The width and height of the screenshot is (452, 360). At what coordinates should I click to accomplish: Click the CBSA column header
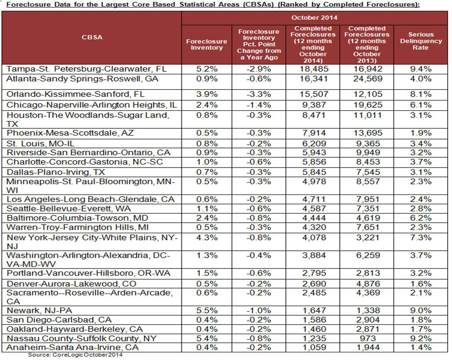pyautogui.click(x=92, y=37)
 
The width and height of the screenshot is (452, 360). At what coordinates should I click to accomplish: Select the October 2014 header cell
pyautogui.click(x=314, y=18)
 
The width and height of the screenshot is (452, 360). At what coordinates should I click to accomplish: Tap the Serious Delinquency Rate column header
pyautogui.click(x=420, y=41)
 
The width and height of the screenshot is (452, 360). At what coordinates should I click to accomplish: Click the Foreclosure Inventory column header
pyautogui.click(x=207, y=44)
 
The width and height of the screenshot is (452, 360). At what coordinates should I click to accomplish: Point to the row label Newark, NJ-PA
pyautogui.click(x=39, y=310)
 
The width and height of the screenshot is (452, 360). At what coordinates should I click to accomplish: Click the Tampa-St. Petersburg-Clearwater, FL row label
pyautogui.click(x=86, y=69)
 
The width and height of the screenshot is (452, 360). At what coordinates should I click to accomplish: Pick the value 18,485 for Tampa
pyautogui.click(x=313, y=69)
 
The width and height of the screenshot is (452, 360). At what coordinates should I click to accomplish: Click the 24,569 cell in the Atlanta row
pyautogui.click(x=367, y=79)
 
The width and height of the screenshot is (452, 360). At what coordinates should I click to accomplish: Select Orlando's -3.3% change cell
pyautogui.click(x=259, y=94)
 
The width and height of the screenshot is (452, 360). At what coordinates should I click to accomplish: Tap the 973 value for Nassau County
pyautogui.click(x=367, y=338)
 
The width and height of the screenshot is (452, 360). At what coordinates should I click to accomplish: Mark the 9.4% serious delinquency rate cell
pyautogui.click(x=420, y=69)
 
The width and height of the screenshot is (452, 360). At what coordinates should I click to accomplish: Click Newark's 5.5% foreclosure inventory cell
pyautogui.click(x=207, y=310)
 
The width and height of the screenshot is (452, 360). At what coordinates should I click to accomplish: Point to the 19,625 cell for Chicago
pyautogui.click(x=367, y=105)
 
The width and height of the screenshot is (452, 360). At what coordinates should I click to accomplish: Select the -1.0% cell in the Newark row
pyautogui.click(x=259, y=310)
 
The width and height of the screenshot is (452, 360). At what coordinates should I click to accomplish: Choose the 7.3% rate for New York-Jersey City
pyautogui.click(x=420, y=237)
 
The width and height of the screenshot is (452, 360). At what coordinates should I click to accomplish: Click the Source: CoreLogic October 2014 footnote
pyautogui.click(x=75, y=355)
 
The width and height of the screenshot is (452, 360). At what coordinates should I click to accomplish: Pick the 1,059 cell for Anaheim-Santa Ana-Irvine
pyautogui.click(x=313, y=347)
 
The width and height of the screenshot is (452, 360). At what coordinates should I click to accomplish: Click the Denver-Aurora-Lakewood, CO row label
pyautogui.click(x=71, y=284)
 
